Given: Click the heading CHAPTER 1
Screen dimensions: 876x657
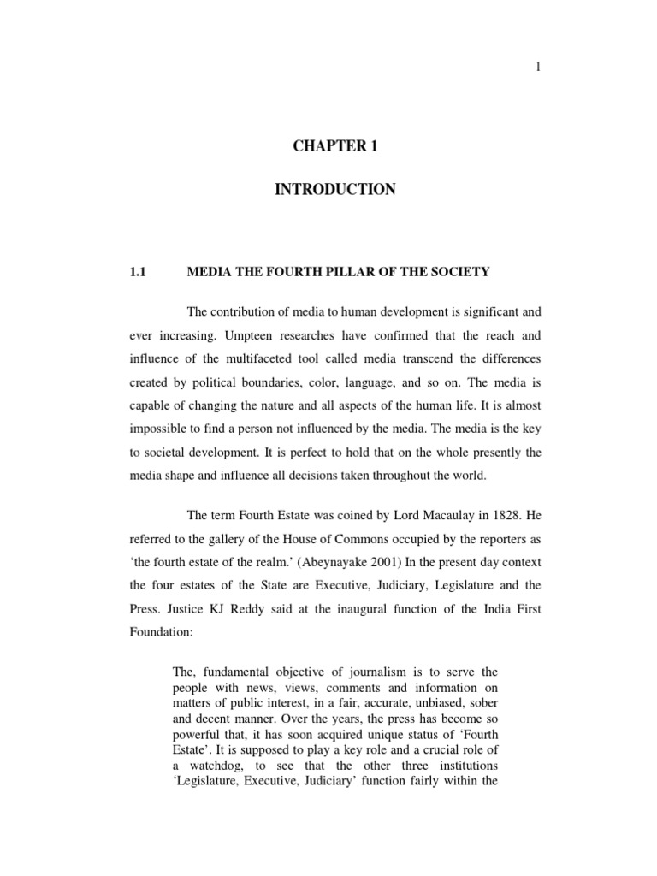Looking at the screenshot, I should point(334,146).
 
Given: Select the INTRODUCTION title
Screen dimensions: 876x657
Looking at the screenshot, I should point(334,190).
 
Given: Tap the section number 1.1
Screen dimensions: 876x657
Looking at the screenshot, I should point(139,272).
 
